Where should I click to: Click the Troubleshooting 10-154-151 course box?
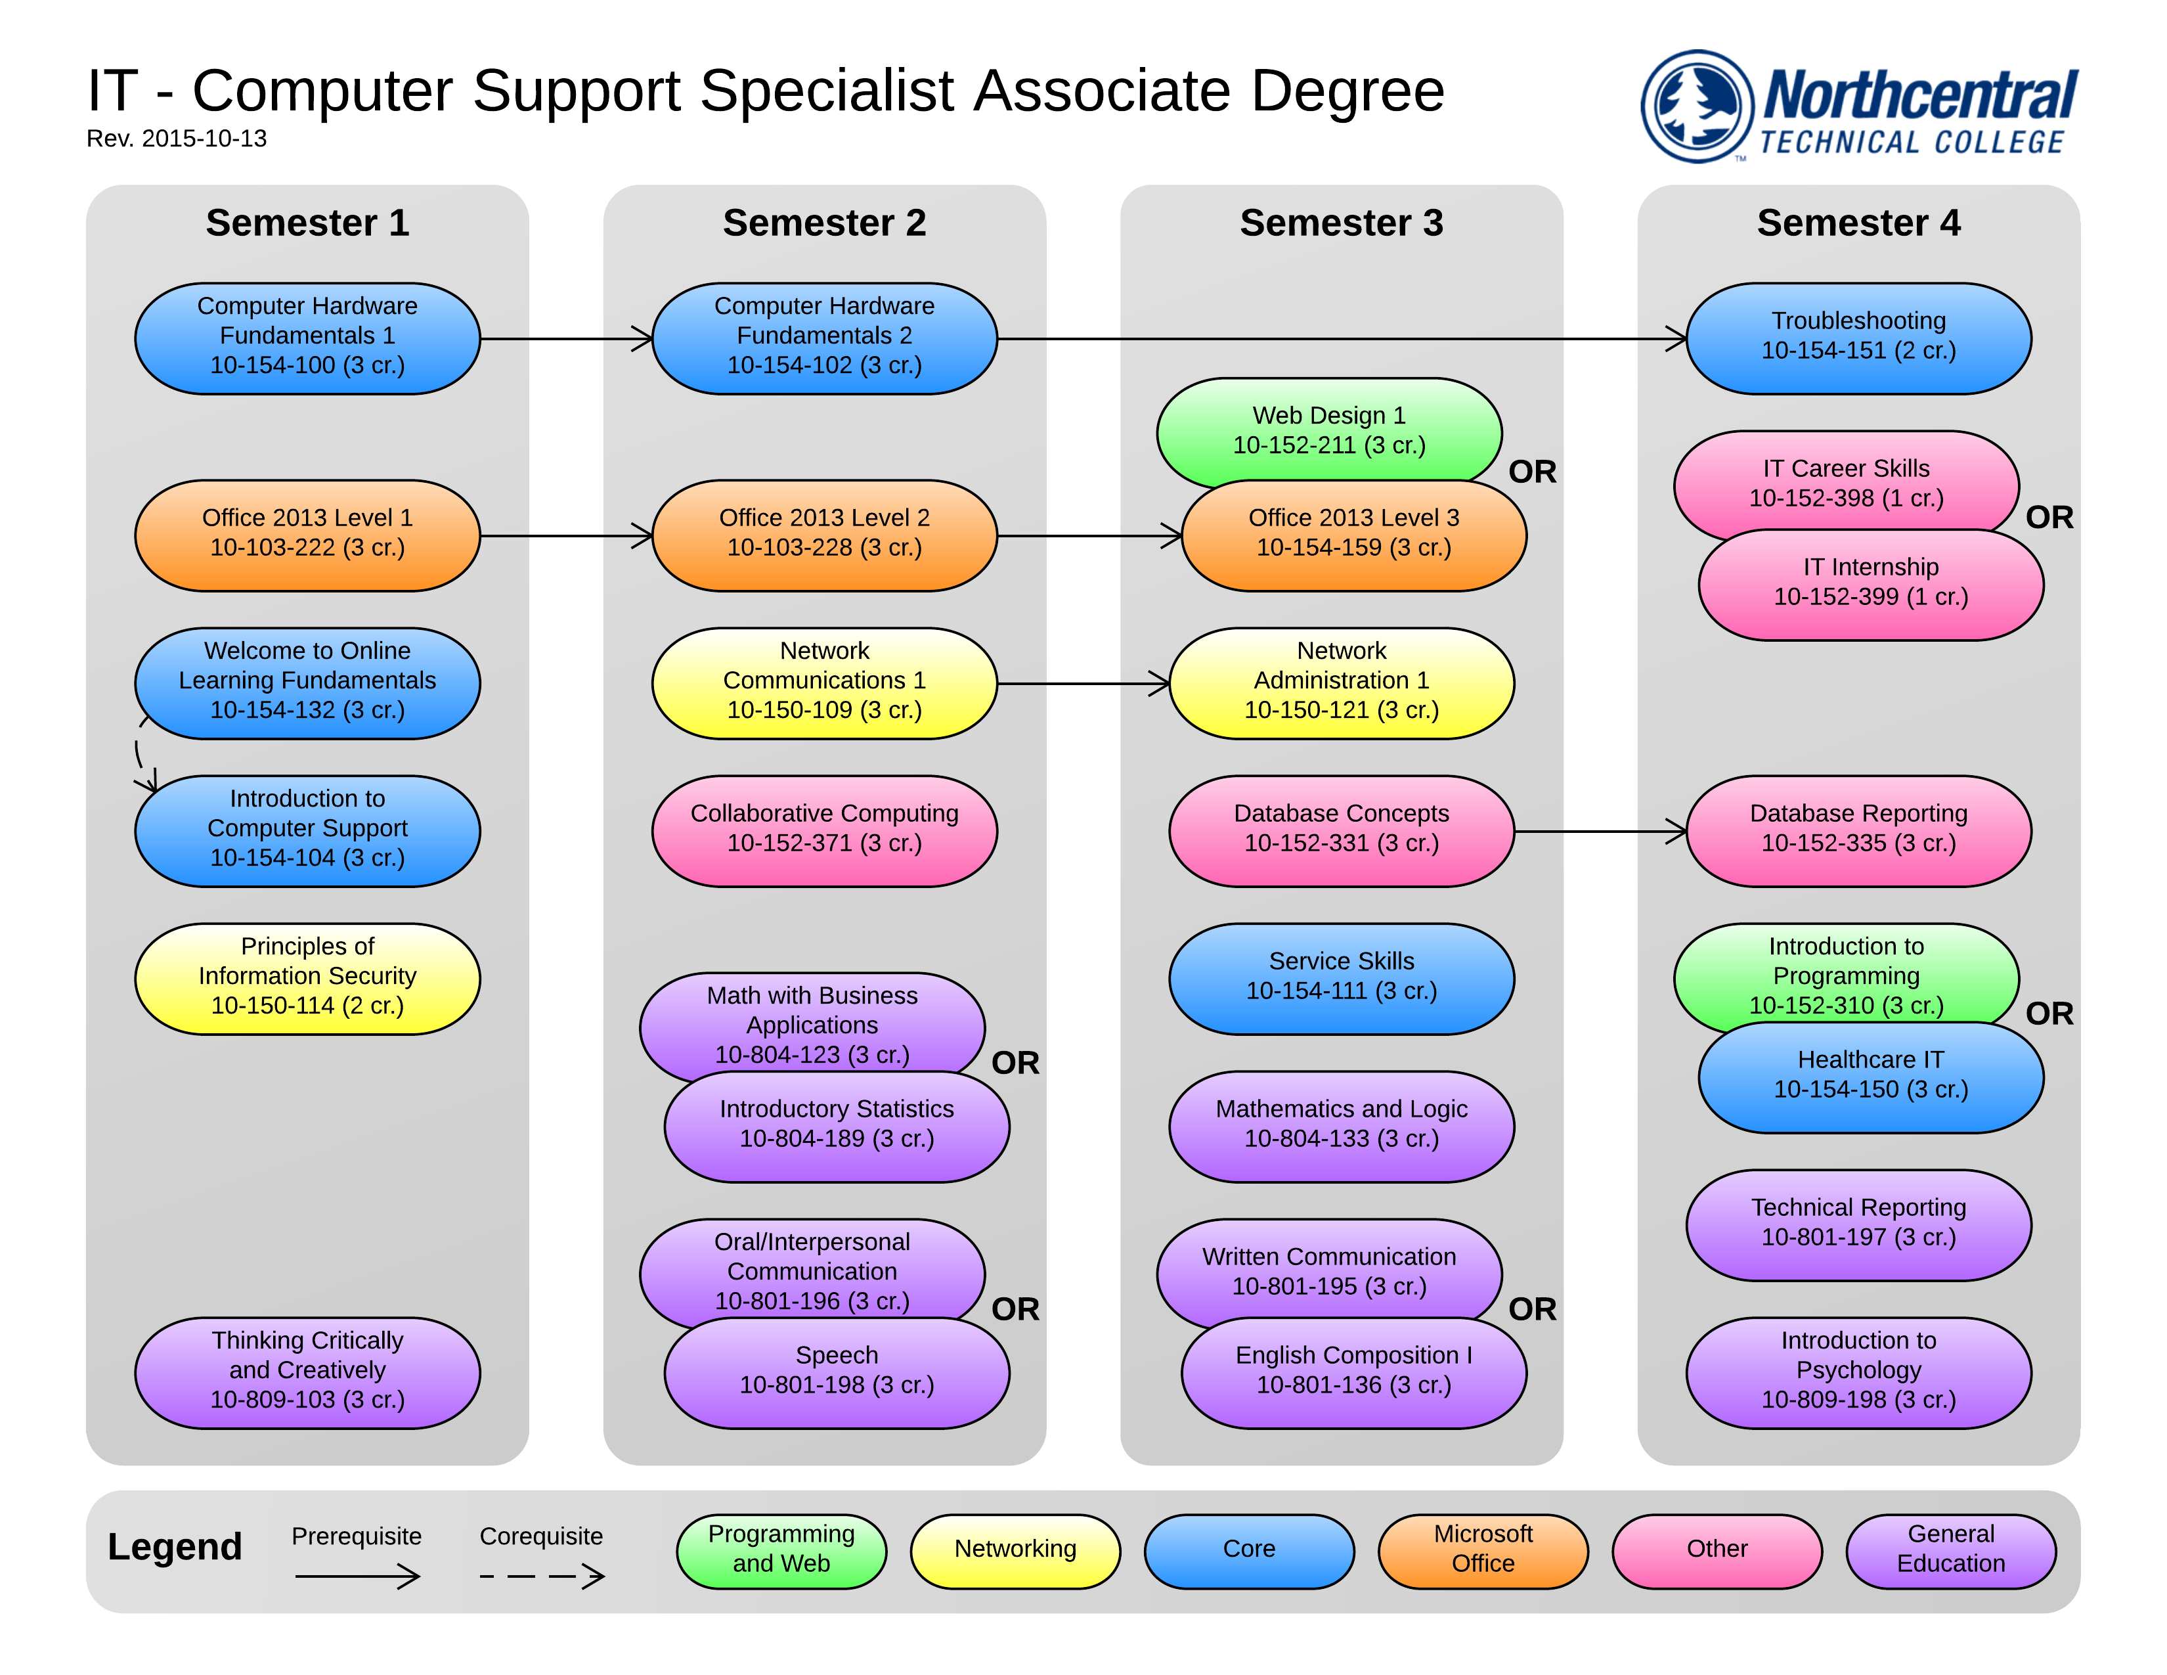pos(1858,338)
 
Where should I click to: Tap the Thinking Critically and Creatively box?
pos(307,1372)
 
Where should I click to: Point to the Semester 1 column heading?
pos(307,223)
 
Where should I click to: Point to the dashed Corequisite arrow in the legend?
pos(542,1576)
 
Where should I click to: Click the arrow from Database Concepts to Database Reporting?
pos(1600,832)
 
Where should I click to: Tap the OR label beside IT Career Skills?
pos(2049,518)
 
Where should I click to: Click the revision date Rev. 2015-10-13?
pos(177,139)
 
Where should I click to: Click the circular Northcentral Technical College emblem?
pos(1697,106)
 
